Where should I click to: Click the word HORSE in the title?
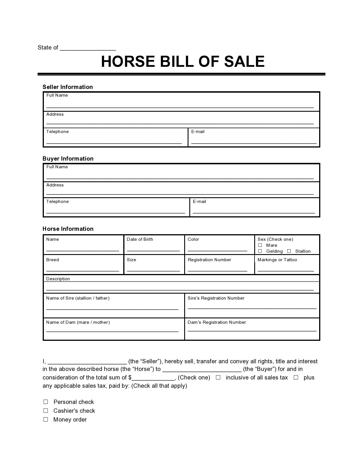point(128,62)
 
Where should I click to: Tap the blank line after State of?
point(88,48)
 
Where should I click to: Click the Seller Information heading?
point(68,87)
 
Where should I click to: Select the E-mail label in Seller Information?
point(198,132)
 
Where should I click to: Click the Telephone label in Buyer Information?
point(58,202)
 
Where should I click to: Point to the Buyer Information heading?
point(68,159)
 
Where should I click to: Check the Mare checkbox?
point(260,245)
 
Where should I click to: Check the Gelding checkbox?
point(260,251)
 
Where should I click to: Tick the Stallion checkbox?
point(289,251)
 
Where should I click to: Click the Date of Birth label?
point(140,239)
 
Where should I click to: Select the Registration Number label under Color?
point(209,260)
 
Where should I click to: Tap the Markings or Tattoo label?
point(277,260)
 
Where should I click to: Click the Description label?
point(58,279)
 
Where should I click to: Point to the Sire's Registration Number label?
point(216,298)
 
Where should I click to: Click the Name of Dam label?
point(78,322)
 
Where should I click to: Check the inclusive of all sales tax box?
point(218,377)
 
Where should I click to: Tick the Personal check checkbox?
point(46,402)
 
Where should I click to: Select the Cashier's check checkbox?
point(46,410)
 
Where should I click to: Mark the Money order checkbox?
point(46,419)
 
